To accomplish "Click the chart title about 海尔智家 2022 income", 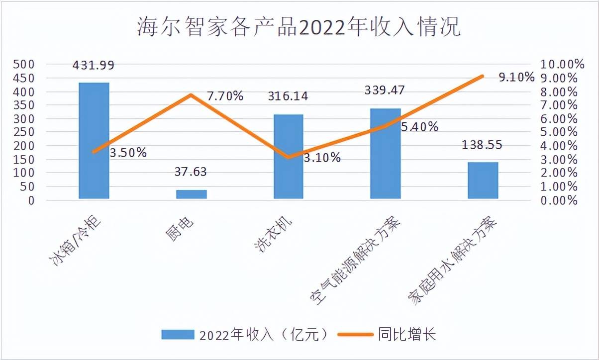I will point(299,28).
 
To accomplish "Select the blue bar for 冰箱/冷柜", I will point(94,141).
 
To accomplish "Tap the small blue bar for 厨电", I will point(192,194).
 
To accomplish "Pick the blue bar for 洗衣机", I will point(289,157).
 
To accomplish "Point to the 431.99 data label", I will point(94,65).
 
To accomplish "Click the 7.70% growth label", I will point(225,96).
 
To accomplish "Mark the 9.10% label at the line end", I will point(516,78).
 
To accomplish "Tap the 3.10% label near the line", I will point(322,158).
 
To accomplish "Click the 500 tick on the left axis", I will point(24,65).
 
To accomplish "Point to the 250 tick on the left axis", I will point(24,133).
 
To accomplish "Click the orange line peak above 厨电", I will point(191,94).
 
